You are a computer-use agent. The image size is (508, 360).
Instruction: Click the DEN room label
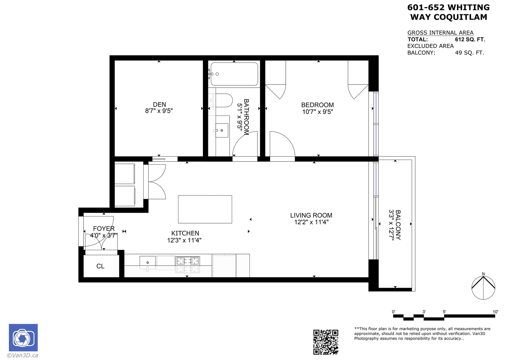click(x=159, y=104)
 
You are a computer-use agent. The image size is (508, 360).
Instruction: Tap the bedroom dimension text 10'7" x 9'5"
click(x=317, y=112)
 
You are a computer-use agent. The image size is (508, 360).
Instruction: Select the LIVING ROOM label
click(x=311, y=215)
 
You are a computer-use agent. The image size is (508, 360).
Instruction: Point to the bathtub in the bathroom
click(x=234, y=74)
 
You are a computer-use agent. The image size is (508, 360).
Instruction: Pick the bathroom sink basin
click(x=222, y=130)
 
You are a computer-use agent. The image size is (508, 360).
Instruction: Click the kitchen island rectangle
click(x=205, y=209)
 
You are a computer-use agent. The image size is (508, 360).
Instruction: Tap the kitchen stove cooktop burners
click(x=188, y=261)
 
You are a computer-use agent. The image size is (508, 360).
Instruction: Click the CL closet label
click(x=100, y=266)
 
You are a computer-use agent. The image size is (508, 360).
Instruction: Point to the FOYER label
click(x=104, y=229)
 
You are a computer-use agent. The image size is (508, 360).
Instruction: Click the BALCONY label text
click(x=398, y=225)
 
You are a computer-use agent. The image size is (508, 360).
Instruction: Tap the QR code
click(x=326, y=342)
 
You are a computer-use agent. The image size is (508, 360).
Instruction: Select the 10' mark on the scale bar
click(x=495, y=312)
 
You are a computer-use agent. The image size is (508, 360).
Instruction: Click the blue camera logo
click(x=23, y=337)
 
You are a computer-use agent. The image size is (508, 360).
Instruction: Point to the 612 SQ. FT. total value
click(x=470, y=39)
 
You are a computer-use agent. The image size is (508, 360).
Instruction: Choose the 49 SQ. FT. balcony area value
click(x=470, y=53)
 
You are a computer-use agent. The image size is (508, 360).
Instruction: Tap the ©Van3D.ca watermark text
click(x=23, y=355)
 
